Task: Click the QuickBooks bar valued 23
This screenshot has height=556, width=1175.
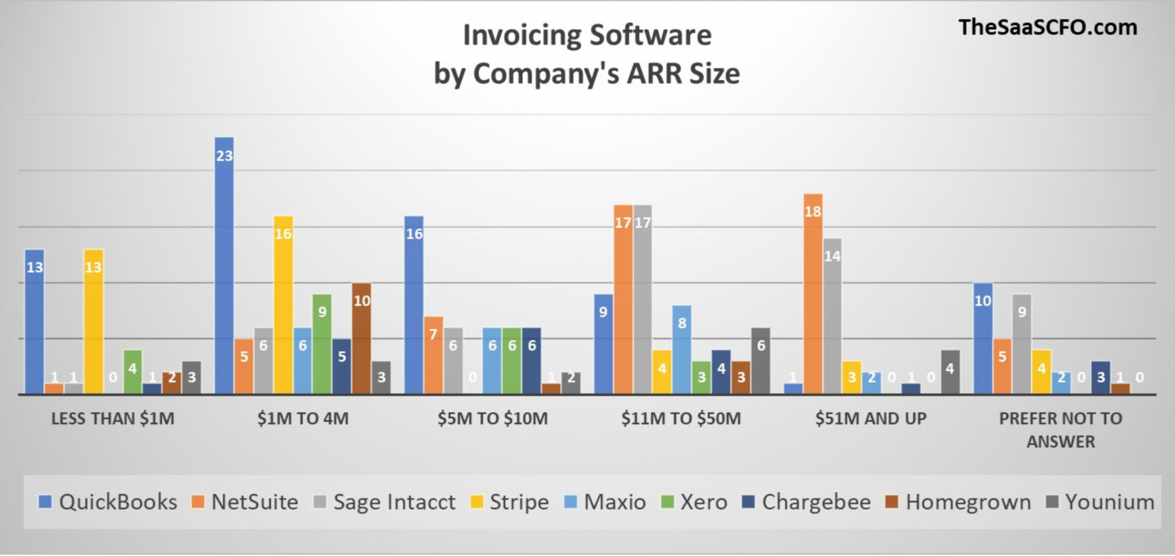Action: click(x=224, y=265)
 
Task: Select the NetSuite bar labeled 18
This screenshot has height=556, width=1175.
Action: click(x=813, y=294)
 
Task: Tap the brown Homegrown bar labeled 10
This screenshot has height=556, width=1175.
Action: click(x=361, y=339)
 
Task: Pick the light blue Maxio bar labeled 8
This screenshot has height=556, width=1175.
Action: click(x=682, y=349)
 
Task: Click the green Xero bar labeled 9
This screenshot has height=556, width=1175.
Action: click(x=322, y=344)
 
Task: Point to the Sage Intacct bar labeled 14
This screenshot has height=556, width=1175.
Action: click(x=832, y=316)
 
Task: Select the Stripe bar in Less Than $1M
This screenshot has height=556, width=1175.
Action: click(x=94, y=321)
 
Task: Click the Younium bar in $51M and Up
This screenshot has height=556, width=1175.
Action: click(x=950, y=372)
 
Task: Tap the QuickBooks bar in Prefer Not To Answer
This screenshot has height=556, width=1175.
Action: click(x=983, y=339)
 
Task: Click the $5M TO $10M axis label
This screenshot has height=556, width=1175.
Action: click(x=492, y=418)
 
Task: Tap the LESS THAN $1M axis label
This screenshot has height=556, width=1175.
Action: click(x=112, y=418)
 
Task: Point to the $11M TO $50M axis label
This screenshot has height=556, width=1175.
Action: click(x=681, y=418)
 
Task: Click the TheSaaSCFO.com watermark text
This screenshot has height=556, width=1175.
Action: click(x=1047, y=27)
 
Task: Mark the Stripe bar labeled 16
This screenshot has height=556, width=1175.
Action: click(x=283, y=305)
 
